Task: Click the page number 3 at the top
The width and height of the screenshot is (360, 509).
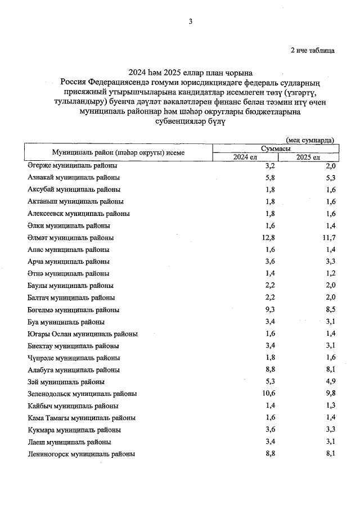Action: coord(191,22)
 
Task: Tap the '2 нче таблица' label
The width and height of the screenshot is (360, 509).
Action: coord(312,51)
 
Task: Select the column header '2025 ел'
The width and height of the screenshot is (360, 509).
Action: coord(308,157)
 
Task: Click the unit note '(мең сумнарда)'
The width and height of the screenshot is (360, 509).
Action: coord(309,139)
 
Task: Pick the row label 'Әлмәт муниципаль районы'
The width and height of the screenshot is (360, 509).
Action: coord(70,237)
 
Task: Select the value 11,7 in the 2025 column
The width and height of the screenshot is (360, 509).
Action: coord(329,237)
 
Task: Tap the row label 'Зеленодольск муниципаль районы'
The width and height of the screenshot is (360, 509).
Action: coord(82,394)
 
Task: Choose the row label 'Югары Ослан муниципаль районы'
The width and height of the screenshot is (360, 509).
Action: coord(83,334)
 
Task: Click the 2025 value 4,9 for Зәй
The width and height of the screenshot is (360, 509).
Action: coord(330,382)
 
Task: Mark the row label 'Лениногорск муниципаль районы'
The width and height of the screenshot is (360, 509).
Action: coord(81,453)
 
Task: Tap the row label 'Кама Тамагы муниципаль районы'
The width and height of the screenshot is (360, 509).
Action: coord(82,418)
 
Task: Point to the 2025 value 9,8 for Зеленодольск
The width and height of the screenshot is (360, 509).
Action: coord(330,394)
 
